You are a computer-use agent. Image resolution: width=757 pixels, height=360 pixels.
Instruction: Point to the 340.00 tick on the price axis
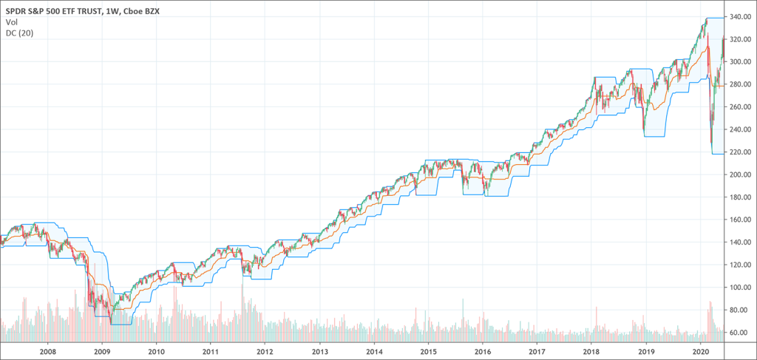pyautogui.click(x=739, y=17)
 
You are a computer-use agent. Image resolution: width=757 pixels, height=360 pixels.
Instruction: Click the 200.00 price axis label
pyautogui.click(x=739, y=174)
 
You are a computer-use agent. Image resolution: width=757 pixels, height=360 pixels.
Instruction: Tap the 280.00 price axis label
pyautogui.click(x=739, y=84)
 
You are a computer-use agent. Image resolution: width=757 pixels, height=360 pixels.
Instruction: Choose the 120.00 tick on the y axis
pyautogui.click(x=739, y=265)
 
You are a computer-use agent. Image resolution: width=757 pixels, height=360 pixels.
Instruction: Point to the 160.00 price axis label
pyautogui.click(x=739, y=220)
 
